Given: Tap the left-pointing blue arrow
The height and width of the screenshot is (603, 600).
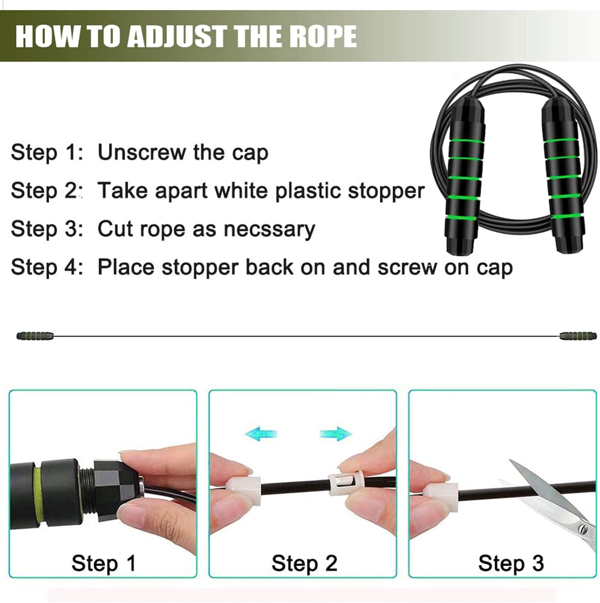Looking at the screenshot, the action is [x=261, y=434].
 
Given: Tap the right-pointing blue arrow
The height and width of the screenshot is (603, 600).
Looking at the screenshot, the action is [x=336, y=434].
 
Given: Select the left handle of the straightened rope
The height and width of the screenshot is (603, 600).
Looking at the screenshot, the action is [x=35, y=336].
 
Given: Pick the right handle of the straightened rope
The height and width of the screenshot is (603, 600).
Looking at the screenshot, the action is [x=578, y=336].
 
